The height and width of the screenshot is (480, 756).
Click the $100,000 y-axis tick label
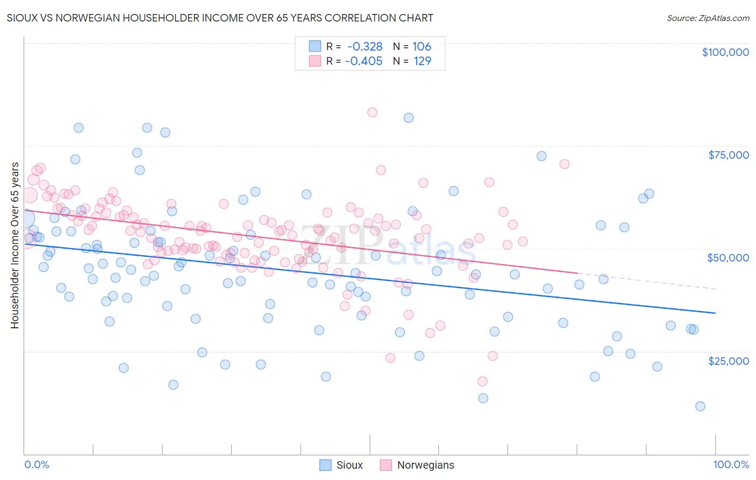pos(725,52)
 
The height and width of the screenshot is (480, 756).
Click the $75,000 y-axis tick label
pos(728,155)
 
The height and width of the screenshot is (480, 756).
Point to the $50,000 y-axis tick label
pos(728,258)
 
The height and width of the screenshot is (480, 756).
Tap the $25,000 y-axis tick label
pos(728,361)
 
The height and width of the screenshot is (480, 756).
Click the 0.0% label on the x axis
pos(37,464)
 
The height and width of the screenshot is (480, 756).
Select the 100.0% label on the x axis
pos(731,464)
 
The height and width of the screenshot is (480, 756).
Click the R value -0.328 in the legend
pos(365,47)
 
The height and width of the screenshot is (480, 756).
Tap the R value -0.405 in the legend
pos(363,61)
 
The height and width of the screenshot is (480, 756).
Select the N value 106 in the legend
pos(422,47)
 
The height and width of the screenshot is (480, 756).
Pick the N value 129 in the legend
pos(422,61)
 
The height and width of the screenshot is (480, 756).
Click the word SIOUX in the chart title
pos(21,18)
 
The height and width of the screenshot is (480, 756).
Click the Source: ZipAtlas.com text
pos(708,18)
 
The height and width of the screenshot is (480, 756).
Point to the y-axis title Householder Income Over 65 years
pos(15,245)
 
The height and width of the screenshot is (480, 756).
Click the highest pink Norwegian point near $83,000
pos(372,112)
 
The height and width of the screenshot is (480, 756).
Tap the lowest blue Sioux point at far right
pos(700,406)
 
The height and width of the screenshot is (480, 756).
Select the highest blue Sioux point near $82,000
pos(409,118)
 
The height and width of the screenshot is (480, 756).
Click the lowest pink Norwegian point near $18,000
pos(482,381)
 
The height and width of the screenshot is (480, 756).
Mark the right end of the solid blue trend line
pos(715,313)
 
